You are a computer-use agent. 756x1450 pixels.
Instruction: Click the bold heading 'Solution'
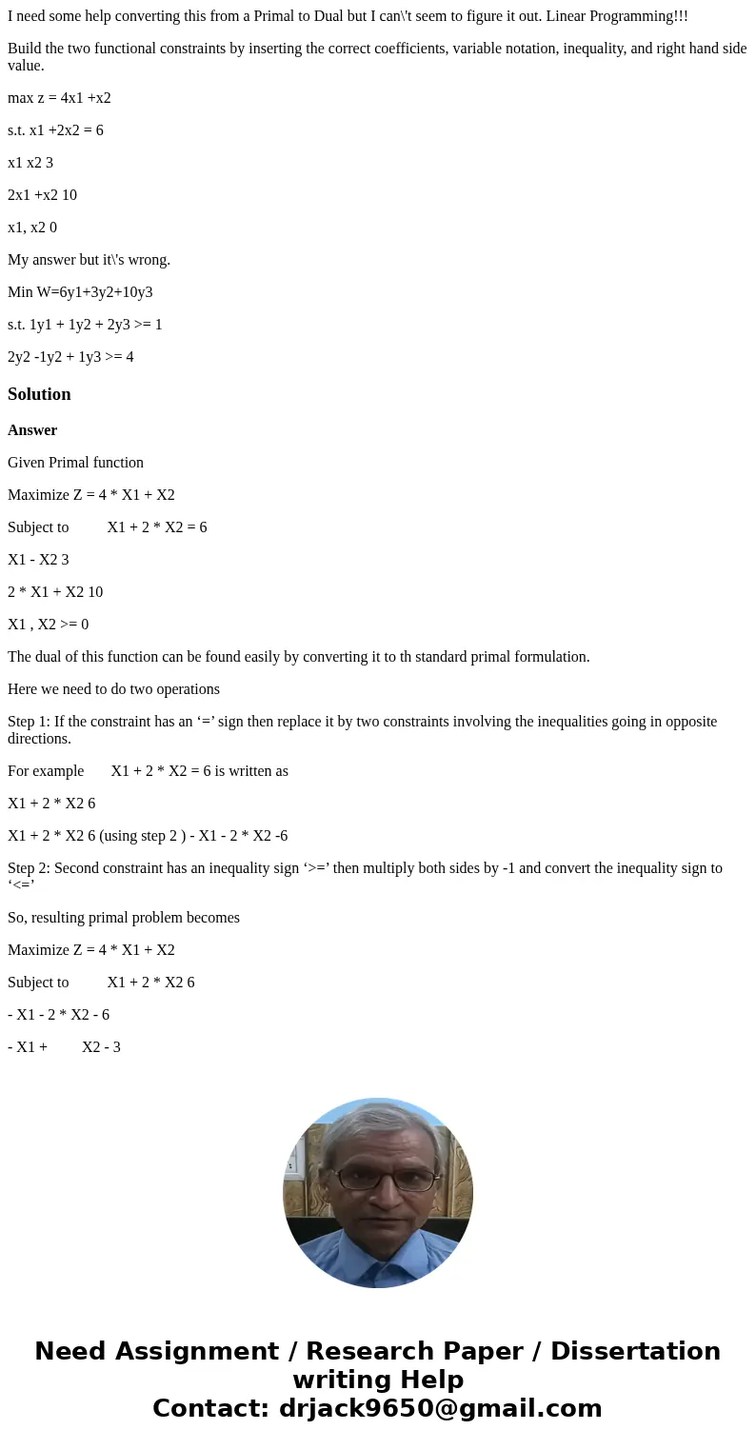(39, 394)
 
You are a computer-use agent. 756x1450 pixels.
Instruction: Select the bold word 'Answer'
(32, 430)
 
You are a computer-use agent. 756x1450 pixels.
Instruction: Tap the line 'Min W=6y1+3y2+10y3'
(80, 292)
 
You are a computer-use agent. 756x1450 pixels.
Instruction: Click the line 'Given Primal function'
(75, 463)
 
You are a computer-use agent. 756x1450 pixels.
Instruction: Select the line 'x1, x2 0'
(32, 228)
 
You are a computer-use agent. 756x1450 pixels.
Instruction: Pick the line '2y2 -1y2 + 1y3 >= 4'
(70, 357)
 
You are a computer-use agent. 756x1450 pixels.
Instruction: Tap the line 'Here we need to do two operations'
(113, 689)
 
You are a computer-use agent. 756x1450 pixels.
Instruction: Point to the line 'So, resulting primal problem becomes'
(124, 918)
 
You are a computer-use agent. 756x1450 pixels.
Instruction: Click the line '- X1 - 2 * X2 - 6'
(58, 1015)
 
